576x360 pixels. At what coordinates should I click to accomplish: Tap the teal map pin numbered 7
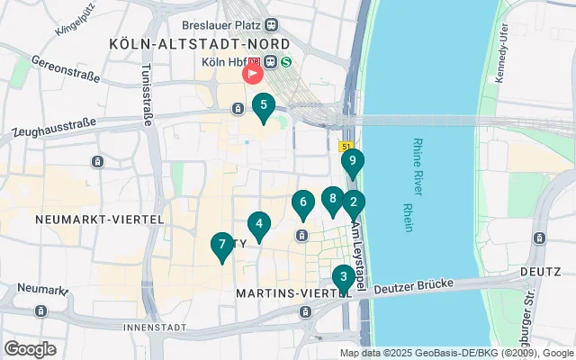click(x=221, y=246)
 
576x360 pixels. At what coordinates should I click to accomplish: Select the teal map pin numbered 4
click(x=259, y=225)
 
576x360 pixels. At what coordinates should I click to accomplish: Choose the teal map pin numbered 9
click(x=353, y=163)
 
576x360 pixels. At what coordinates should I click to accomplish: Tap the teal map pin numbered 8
click(x=333, y=200)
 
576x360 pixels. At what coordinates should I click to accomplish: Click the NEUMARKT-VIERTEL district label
click(x=99, y=219)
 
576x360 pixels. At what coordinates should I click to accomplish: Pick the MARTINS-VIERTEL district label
click(x=292, y=293)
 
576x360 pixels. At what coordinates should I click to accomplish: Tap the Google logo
click(x=30, y=348)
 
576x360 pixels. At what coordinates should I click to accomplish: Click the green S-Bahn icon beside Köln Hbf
click(x=285, y=62)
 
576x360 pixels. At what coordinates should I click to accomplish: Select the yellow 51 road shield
click(x=347, y=145)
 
